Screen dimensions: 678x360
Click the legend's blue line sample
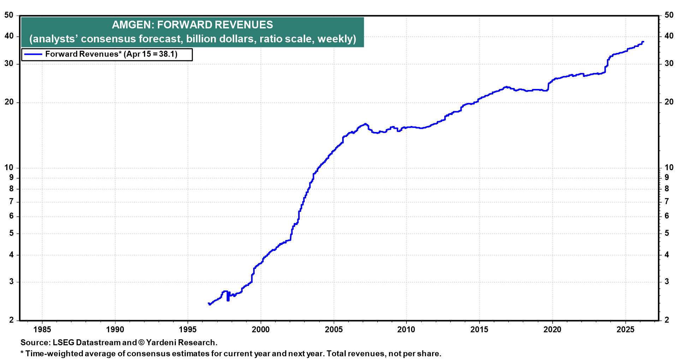tap(33, 54)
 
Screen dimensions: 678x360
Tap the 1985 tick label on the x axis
tap(42, 330)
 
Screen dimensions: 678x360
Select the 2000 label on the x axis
tap(261, 330)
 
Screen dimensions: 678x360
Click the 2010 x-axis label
tap(406, 330)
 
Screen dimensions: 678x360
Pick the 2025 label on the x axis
tap(625, 330)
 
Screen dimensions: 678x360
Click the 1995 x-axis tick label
tap(188, 330)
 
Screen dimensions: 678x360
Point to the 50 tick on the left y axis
tap(9, 15)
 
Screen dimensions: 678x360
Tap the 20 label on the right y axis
tap(669, 102)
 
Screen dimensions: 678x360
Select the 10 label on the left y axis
tap(9, 168)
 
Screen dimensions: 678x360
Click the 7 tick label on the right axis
tap(667, 202)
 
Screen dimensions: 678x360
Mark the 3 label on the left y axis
tap(11, 282)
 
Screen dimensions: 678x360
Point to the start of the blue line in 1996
tap(208, 303)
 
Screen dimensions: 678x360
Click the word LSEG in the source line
tap(63, 343)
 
